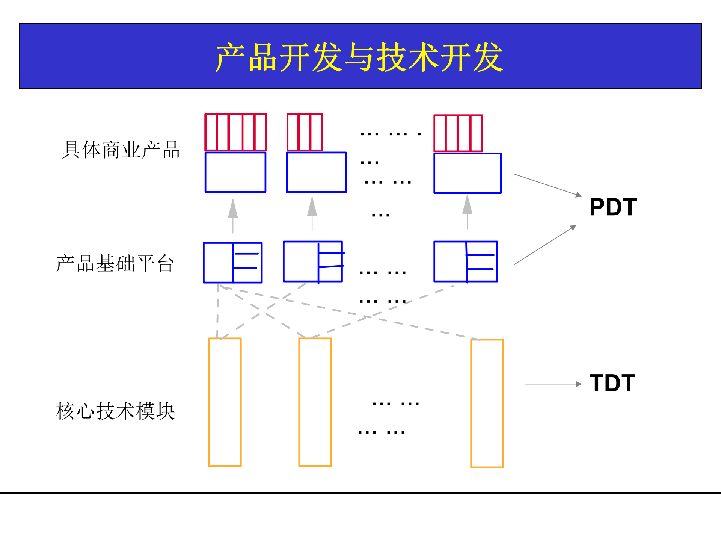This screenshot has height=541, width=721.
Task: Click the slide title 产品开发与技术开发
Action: pyautogui.click(x=359, y=57)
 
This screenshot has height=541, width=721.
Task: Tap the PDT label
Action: pyautogui.click(x=613, y=207)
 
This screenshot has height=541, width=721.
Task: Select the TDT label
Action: pyautogui.click(x=612, y=383)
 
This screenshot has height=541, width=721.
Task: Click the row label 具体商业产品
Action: pyautogui.click(x=121, y=150)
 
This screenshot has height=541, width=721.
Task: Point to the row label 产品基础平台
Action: pyautogui.click(x=115, y=263)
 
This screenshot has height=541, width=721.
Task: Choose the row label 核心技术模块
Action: pyautogui.click(x=116, y=411)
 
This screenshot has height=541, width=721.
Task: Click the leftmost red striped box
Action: pyautogui.click(x=235, y=132)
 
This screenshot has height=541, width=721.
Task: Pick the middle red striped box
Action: pyautogui.click(x=305, y=132)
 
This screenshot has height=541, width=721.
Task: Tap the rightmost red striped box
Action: pyautogui.click(x=458, y=133)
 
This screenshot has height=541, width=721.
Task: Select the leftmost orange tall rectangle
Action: pyautogui.click(x=225, y=402)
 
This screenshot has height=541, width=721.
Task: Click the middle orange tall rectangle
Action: pyautogui.click(x=315, y=402)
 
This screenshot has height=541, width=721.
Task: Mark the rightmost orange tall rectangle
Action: pyautogui.click(x=487, y=403)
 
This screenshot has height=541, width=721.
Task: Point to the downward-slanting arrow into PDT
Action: pyautogui.click(x=547, y=185)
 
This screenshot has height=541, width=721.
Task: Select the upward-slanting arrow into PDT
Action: pyautogui.click(x=545, y=245)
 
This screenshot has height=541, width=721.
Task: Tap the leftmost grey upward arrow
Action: pyautogui.click(x=233, y=216)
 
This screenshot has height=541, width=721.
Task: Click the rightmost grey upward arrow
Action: pyautogui.click(x=467, y=212)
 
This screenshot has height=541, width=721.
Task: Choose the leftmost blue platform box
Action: pyautogui.click(x=233, y=263)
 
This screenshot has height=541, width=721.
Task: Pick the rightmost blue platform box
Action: pyautogui.click(x=466, y=261)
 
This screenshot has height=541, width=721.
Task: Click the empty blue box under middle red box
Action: pyautogui.click(x=316, y=172)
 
